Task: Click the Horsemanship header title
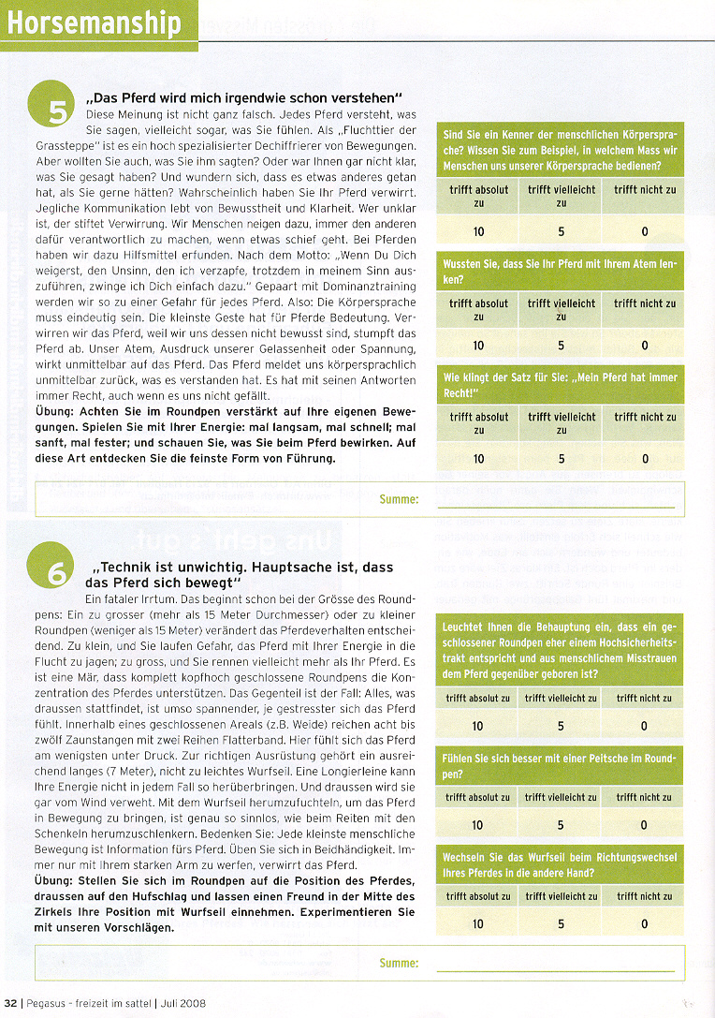coord(94,22)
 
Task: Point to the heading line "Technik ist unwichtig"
coord(242,568)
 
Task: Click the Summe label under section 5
coord(399,499)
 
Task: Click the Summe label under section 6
coord(399,963)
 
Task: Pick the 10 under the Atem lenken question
coord(479,346)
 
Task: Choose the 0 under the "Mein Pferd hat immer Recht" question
coord(645,459)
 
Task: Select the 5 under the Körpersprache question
coord(562,232)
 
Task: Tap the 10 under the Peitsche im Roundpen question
coord(478,825)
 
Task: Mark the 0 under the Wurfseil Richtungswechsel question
coord(644,924)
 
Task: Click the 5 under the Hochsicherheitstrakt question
coord(561,726)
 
